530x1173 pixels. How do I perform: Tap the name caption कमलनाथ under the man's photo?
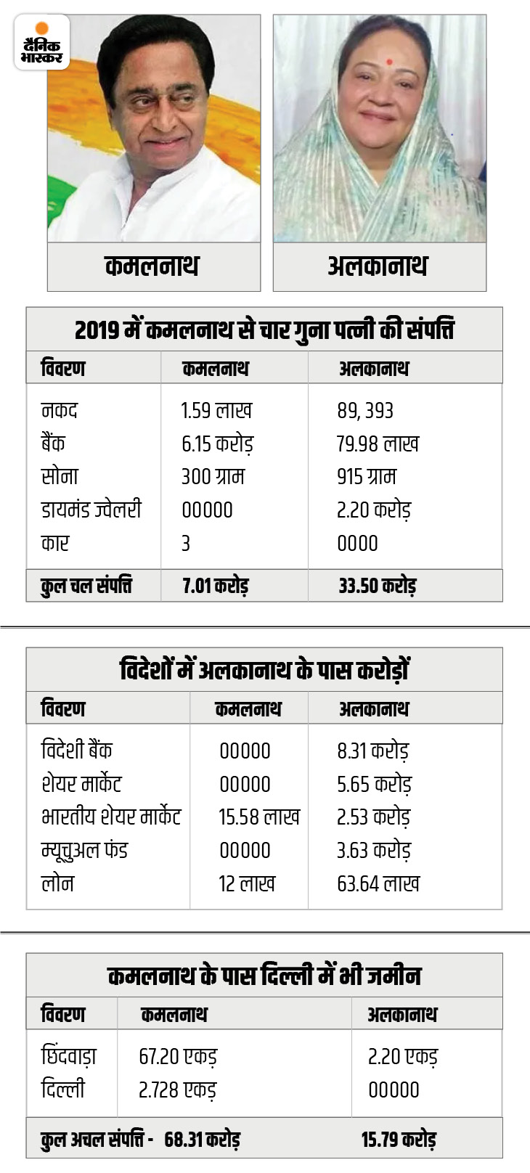152,266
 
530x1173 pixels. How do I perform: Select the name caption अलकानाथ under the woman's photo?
378,266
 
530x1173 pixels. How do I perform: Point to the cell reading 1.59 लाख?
216,411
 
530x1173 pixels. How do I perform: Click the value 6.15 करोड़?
217,444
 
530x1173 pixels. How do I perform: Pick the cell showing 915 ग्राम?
367,477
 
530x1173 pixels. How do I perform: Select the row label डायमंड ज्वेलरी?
91,510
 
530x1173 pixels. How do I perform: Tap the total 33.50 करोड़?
377,586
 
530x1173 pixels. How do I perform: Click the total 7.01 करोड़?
216,586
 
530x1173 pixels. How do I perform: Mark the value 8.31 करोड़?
373,751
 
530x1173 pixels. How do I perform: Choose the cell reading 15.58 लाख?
259,817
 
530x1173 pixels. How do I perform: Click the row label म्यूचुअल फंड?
84,850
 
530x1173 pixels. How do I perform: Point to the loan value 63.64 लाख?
378,883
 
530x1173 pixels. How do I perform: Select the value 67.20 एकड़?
178,1057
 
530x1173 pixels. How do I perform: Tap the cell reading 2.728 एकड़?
178,1090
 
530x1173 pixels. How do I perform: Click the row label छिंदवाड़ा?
69,1057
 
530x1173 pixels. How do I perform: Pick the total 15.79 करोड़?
399,1140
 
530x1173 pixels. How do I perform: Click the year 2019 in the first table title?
97,330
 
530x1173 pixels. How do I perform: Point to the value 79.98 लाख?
378,444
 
